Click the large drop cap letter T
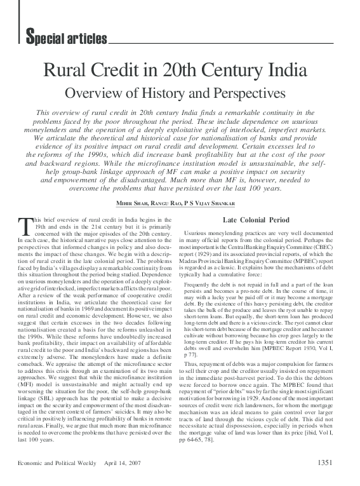pyautogui.click(x=25, y=226)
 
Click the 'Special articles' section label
pyautogui.click(x=66, y=39)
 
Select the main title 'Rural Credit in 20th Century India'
pyautogui.click(x=180, y=71)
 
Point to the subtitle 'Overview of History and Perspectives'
pyautogui.click(x=180, y=93)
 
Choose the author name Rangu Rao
pyautogui.click(x=168, y=202)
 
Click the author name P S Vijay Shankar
pyautogui.click(x=213, y=202)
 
